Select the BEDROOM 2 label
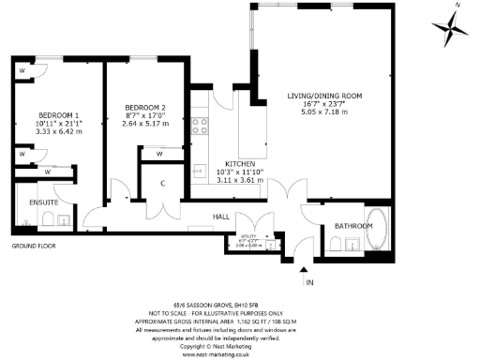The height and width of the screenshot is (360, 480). [x=144, y=108]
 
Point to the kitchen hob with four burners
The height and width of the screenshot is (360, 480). [x=200, y=125]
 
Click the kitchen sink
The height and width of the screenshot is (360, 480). [x=200, y=172]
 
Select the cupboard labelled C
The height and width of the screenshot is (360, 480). [x=162, y=183]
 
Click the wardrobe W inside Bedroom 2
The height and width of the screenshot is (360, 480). [x=159, y=154]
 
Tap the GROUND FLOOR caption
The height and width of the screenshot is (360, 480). [x=34, y=246]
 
